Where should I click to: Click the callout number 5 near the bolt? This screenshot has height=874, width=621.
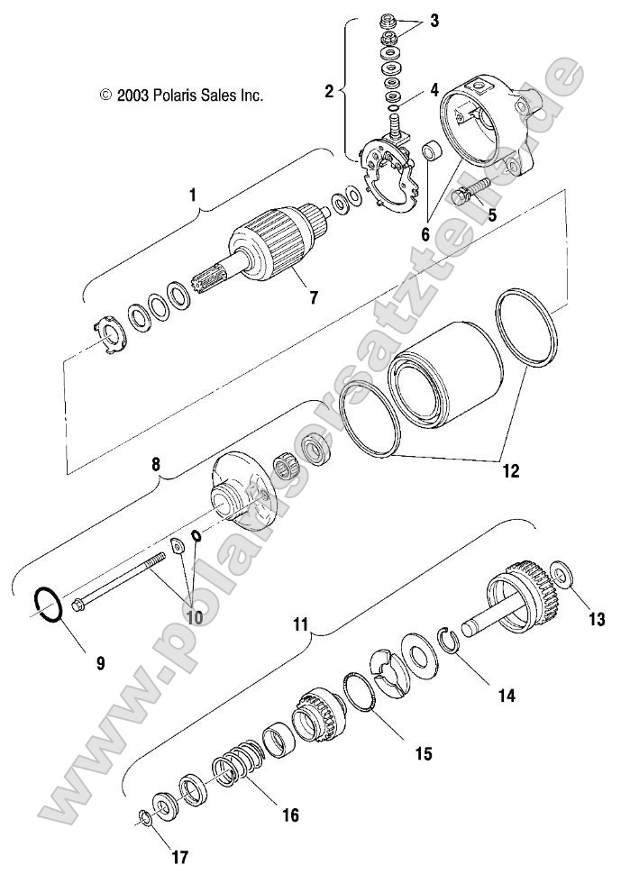pyautogui.click(x=492, y=214)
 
